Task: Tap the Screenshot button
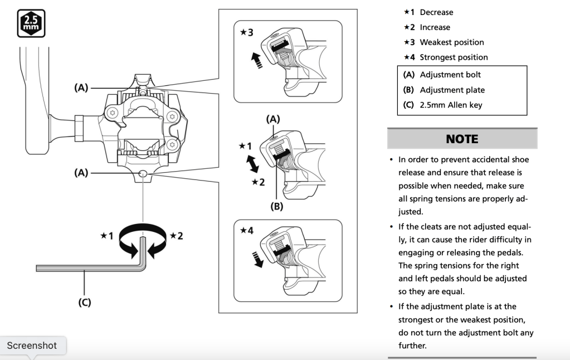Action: pos(32,346)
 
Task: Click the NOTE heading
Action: pos(462,139)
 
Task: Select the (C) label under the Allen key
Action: pos(84,303)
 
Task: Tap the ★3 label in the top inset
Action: pos(246,32)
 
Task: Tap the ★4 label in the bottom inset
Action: pos(246,230)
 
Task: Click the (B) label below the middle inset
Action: pos(276,206)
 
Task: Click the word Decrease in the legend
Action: pos(436,12)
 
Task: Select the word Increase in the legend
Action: pos(435,27)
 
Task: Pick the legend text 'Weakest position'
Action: pos(451,42)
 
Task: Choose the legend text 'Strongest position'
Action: pos(454,57)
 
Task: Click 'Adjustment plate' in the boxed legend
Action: pos(452,90)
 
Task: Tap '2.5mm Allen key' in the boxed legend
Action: pos(451,105)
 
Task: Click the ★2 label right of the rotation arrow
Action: pos(177,236)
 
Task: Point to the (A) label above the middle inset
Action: pos(273,119)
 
